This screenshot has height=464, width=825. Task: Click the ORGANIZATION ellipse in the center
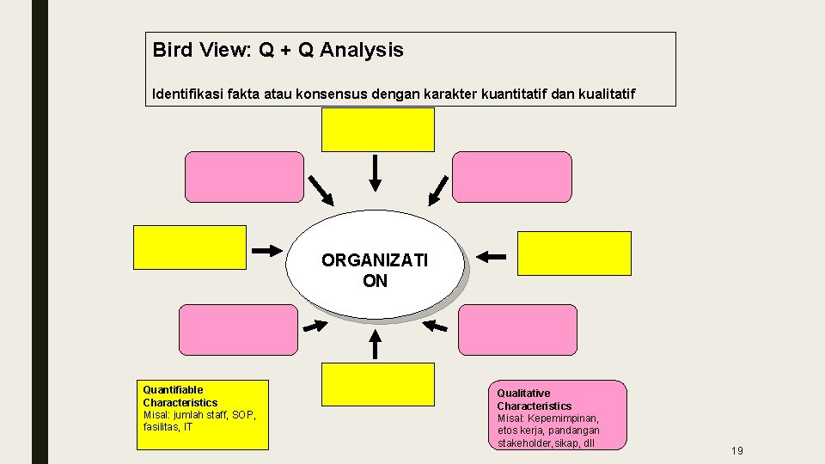374,264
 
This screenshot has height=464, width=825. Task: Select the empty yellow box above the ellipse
378,130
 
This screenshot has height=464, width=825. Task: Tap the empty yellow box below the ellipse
378,383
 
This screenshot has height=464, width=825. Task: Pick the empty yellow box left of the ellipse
190,247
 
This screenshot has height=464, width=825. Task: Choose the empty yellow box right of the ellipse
575,253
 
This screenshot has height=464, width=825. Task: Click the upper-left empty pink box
245,177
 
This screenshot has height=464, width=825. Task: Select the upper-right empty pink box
512,177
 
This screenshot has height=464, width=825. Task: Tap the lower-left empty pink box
238,330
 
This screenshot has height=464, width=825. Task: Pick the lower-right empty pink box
518,330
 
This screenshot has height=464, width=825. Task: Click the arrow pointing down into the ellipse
376,173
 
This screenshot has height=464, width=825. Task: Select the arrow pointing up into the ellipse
376,344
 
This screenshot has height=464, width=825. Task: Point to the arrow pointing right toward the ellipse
268,250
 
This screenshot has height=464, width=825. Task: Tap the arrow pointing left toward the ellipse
492,255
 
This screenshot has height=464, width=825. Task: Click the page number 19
737,451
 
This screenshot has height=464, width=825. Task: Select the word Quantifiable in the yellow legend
174,390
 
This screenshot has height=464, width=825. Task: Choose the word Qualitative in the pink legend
523,394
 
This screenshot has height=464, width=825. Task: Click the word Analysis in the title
362,50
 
